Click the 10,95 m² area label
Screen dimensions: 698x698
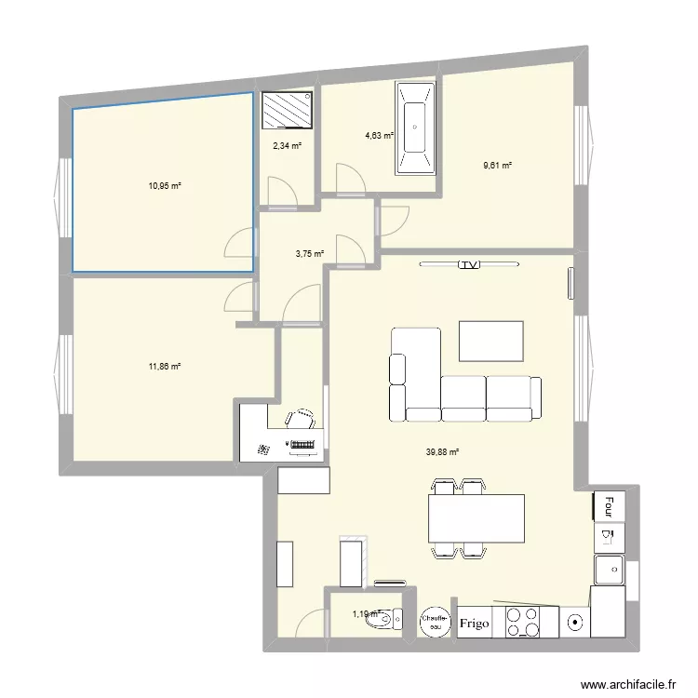pyautogui.click(x=165, y=186)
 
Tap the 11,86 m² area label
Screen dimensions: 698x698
pyautogui.click(x=165, y=367)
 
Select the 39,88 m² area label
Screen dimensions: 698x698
pyautogui.click(x=443, y=452)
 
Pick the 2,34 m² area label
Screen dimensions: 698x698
pyautogui.click(x=287, y=145)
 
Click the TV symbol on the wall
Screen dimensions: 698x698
pyautogui.click(x=467, y=265)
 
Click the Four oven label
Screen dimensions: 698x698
pyautogui.click(x=610, y=505)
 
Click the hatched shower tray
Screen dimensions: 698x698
pyautogui.click(x=288, y=114)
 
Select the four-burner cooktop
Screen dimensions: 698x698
pyautogui.click(x=523, y=622)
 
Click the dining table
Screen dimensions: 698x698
pyautogui.click(x=475, y=518)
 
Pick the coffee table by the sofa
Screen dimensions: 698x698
pyautogui.click(x=491, y=342)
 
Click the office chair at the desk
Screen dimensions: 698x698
pyautogui.click(x=301, y=420)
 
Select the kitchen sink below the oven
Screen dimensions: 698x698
pyautogui.click(x=609, y=566)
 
